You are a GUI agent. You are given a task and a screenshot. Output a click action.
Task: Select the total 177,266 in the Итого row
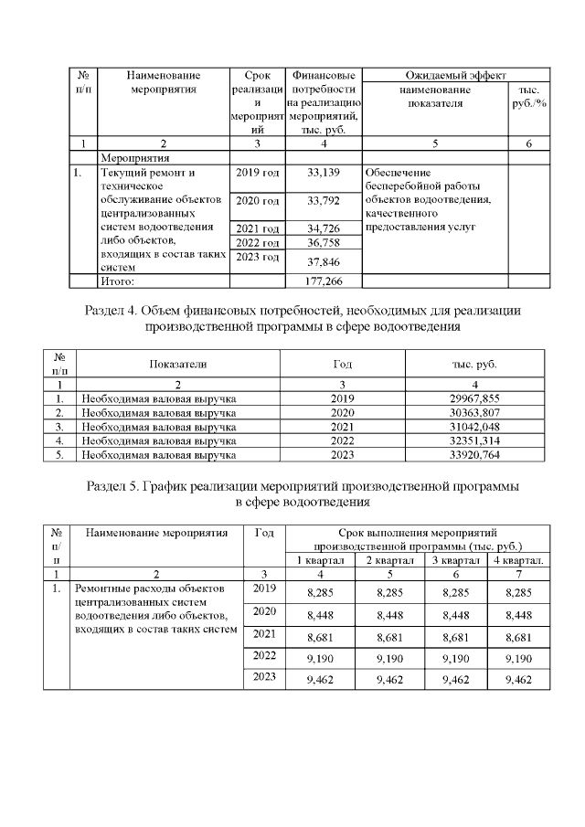tap(324, 281)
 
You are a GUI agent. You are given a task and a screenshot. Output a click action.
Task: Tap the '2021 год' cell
tap(258, 228)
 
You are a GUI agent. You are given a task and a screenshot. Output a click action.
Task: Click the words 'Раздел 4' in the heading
tap(117, 311)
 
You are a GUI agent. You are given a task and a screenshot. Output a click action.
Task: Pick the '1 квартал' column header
tap(320, 559)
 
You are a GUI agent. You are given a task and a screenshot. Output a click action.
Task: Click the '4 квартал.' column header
tap(519, 559)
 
